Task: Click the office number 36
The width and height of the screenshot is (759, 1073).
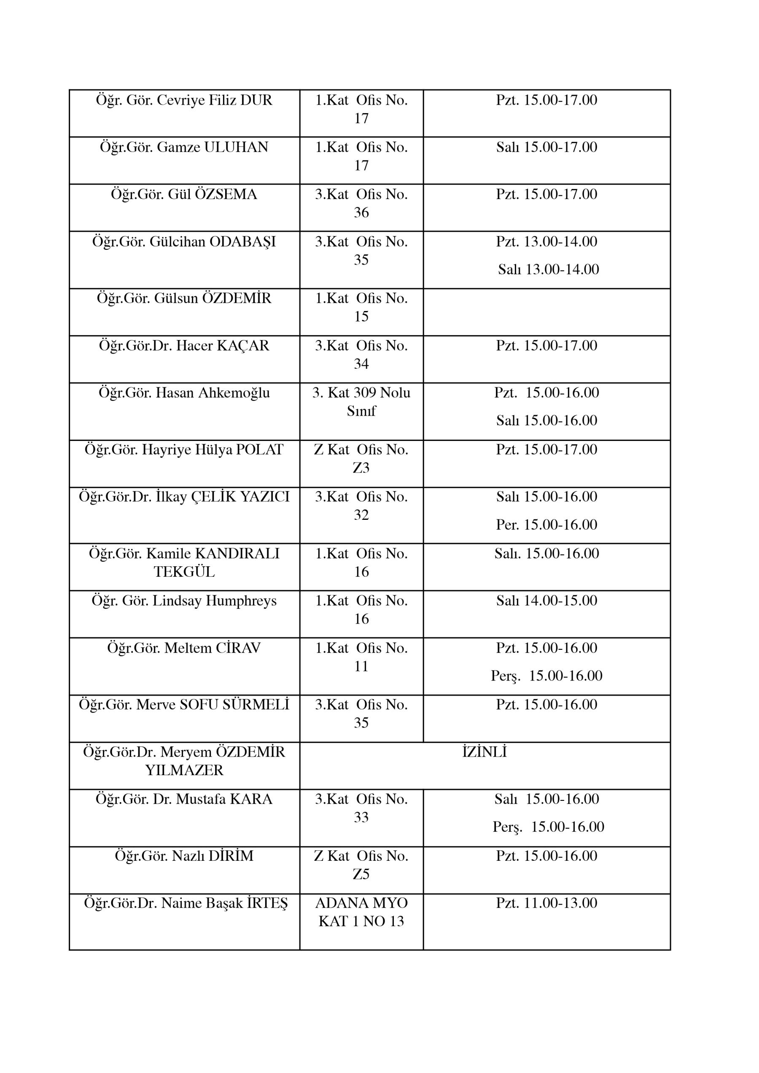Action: click(x=361, y=213)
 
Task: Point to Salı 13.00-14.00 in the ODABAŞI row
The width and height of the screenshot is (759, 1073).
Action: click(x=548, y=269)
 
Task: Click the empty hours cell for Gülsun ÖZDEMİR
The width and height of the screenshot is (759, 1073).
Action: click(x=546, y=312)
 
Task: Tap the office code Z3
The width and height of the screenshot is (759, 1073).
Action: click(x=361, y=468)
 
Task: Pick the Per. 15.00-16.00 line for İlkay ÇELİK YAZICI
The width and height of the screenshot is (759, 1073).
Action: click(x=546, y=524)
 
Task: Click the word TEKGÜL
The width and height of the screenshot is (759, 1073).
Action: click(x=184, y=572)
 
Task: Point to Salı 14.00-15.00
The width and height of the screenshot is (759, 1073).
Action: click(x=546, y=601)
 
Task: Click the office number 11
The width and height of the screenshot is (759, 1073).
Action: click(x=361, y=666)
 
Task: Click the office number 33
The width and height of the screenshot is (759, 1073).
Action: click(x=361, y=817)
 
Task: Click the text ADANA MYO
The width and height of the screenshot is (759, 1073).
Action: click(x=361, y=903)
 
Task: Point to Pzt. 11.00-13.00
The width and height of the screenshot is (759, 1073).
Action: click(x=546, y=903)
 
